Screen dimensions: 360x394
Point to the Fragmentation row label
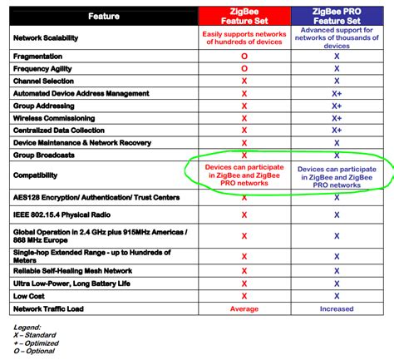tap(42, 56)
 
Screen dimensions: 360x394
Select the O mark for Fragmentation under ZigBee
tap(244, 56)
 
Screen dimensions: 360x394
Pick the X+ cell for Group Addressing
tap(337, 106)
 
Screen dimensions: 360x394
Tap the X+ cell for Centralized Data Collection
tap(337, 130)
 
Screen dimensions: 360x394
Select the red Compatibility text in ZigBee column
tap(244, 175)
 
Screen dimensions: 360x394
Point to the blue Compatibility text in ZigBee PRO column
tap(337, 175)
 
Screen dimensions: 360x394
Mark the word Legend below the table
tap(27, 327)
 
